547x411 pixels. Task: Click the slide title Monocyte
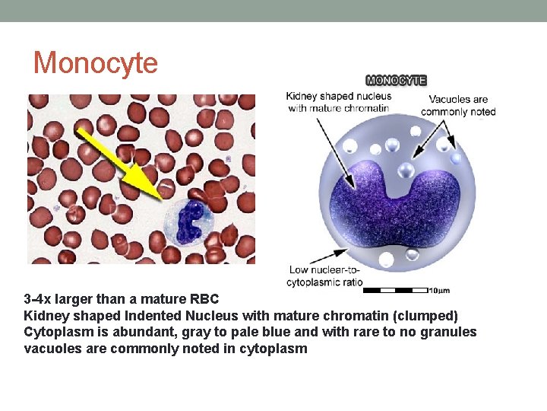(x=96, y=62)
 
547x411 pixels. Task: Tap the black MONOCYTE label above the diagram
(x=396, y=80)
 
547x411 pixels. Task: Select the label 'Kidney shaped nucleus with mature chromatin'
(x=338, y=102)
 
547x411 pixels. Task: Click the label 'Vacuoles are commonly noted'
(x=458, y=105)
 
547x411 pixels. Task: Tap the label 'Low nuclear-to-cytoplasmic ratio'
(x=324, y=276)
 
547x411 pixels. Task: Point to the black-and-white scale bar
(x=395, y=290)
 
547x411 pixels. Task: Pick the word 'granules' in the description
(x=451, y=333)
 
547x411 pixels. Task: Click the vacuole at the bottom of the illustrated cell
(x=387, y=260)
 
